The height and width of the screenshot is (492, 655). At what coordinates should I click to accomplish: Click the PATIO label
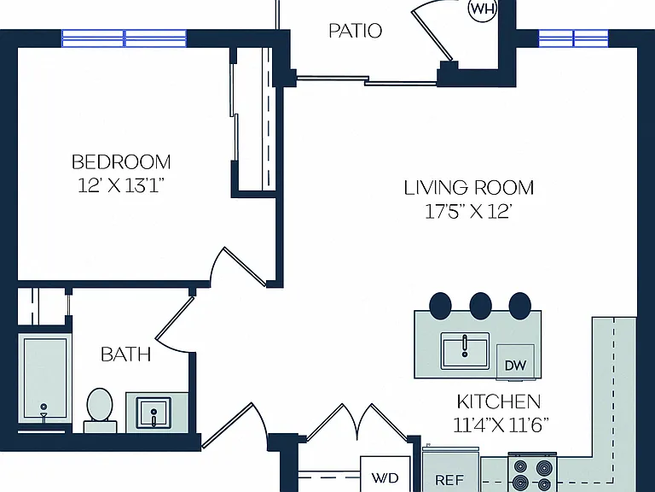(355, 31)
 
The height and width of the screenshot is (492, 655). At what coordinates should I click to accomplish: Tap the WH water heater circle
(483, 9)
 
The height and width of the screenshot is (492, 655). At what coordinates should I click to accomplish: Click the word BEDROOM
(121, 162)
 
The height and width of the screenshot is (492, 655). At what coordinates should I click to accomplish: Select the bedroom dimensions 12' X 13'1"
(119, 186)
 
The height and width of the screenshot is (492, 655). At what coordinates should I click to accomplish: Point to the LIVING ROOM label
(469, 187)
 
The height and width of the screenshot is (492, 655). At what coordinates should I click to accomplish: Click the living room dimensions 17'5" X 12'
(468, 212)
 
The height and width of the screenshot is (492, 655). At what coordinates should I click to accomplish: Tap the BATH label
(125, 354)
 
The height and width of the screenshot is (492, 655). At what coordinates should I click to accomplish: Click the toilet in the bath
(100, 410)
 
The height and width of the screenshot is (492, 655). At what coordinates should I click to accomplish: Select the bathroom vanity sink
(154, 413)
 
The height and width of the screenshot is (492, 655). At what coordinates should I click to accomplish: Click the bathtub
(44, 378)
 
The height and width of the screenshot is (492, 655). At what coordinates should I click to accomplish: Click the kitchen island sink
(465, 351)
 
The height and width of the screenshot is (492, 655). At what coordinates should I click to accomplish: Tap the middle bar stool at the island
(480, 306)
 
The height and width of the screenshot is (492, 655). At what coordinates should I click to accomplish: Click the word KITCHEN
(499, 401)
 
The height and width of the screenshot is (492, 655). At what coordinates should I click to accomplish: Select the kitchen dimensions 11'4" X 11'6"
(501, 425)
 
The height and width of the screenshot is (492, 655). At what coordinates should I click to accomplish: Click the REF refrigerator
(450, 470)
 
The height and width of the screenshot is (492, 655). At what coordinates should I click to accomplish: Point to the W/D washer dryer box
(385, 474)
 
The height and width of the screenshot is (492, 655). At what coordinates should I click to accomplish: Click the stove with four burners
(532, 472)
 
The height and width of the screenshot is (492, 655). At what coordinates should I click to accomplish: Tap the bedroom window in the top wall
(124, 38)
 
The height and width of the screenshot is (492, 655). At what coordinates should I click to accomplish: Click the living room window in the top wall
(573, 38)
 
